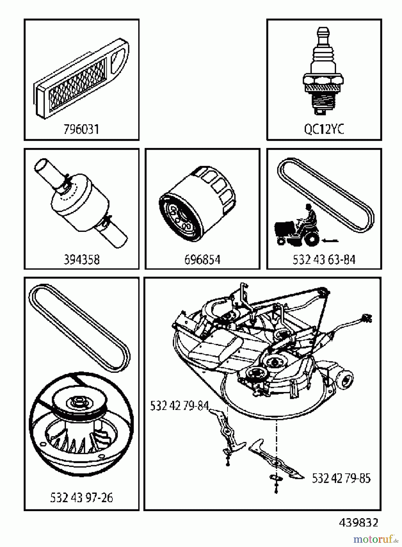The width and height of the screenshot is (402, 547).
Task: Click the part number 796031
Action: (x=81, y=129)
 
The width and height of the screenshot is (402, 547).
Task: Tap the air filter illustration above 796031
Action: (x=81, y=79)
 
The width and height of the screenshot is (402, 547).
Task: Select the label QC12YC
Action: (x=324, y=129)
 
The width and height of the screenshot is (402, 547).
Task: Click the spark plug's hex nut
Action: (x=323, y=80)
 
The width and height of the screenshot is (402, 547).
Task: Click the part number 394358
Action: (x=81, y=260)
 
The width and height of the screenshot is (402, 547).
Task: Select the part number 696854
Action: (x=202, y=260)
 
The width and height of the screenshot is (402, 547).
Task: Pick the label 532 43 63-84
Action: (x=324, y=260)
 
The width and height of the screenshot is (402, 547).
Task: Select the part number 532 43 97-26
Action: (x=81, y=498)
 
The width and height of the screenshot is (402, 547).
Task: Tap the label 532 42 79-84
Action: (x=179, y=406)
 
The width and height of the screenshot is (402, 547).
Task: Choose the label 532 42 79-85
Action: (x=341, y=478)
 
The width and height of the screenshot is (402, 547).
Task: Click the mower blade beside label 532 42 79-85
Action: (x=275, y=462)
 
